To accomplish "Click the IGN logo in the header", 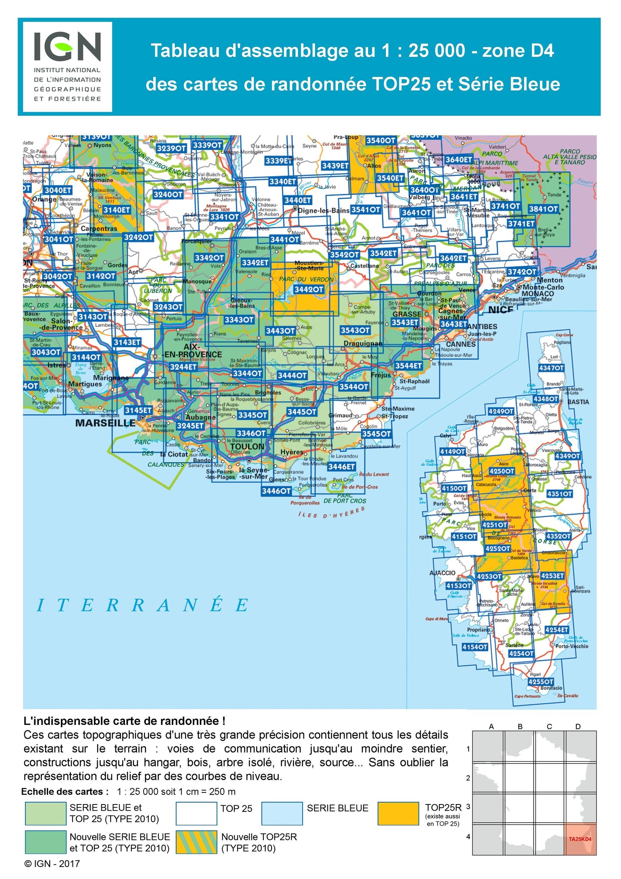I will pos(67,66).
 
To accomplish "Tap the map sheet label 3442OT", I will pos(308,289).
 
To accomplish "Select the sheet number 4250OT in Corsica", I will pos(502,471).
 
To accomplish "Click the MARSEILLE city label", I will pos(105,423).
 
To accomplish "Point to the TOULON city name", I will pos(247,446).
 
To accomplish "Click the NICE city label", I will pos(501,309).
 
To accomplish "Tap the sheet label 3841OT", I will pos(543,209).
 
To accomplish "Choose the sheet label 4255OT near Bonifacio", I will pos(541,681).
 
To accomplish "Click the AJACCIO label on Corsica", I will pos(442,573).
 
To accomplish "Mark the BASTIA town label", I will pos(578,402).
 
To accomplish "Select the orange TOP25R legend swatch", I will pos(398,814).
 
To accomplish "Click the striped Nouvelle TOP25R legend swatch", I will pos(196,842).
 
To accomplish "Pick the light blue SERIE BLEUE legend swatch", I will pos(282,814).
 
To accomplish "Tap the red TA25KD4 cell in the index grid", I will pos(580,839).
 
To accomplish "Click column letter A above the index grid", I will pos(491,727).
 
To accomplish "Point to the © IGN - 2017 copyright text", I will pos(52,864).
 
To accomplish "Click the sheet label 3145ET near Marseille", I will pos(138,410).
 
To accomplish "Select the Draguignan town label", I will pos(363,343).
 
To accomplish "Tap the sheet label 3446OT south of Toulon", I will pos(276,491).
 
